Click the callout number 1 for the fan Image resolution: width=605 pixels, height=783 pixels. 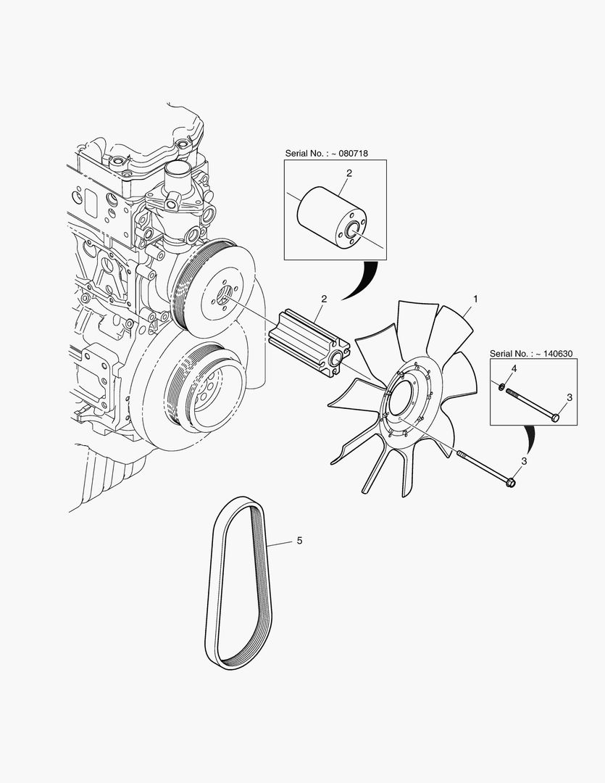[475, 299]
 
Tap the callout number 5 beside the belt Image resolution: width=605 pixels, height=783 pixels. [299, 540]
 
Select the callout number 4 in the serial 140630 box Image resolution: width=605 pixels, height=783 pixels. [514, 369]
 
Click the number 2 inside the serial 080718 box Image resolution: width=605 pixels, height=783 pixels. [349, 173]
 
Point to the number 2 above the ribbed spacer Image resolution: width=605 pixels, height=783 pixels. [324, 299]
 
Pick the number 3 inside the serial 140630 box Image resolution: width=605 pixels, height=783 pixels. [569, 397]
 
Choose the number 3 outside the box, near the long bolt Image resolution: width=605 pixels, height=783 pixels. [524, 461]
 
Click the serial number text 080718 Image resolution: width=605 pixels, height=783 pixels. [354, 153]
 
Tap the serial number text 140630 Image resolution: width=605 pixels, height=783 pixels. [558, 354]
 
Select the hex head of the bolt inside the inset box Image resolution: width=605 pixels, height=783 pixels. [554, 417]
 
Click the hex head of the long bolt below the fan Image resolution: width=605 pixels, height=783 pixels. [510, 482]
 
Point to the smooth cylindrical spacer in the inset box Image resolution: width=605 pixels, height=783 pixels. [331, 218]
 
